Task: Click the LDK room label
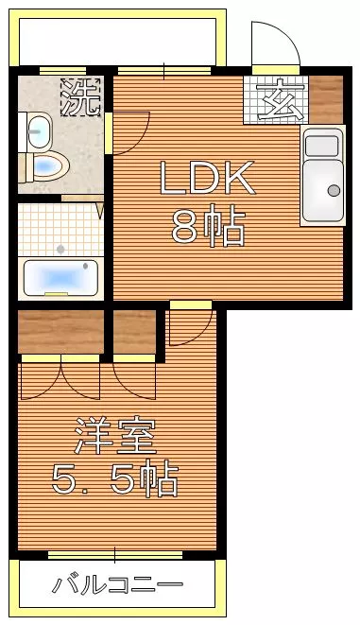[x=207, y=177]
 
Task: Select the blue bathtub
[x=58, y=278]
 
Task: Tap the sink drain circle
[x=334, y=190]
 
